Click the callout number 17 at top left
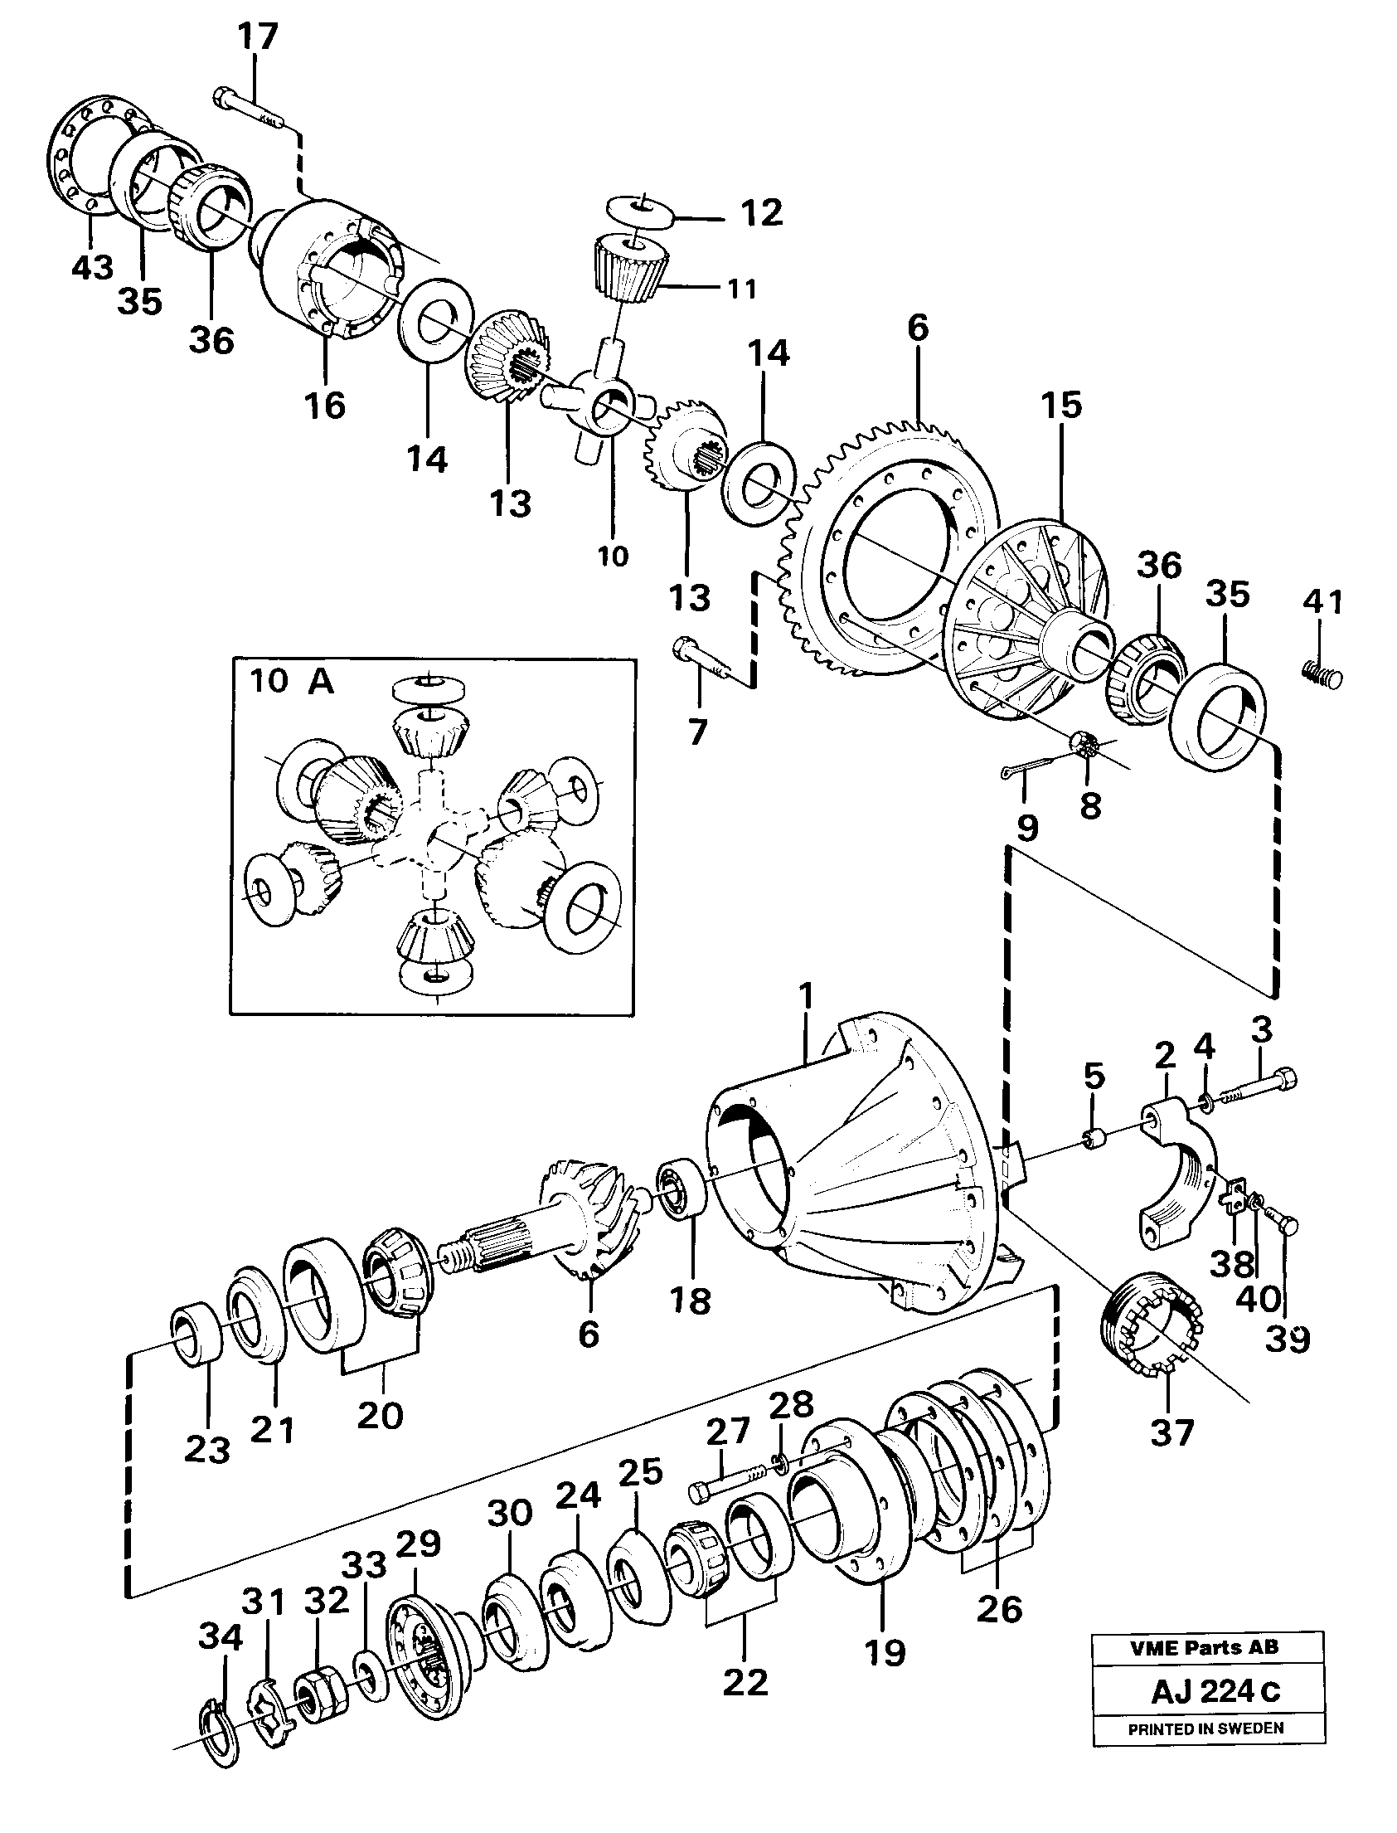257,38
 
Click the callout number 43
91,268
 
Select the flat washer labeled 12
640,210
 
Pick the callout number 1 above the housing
804,994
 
